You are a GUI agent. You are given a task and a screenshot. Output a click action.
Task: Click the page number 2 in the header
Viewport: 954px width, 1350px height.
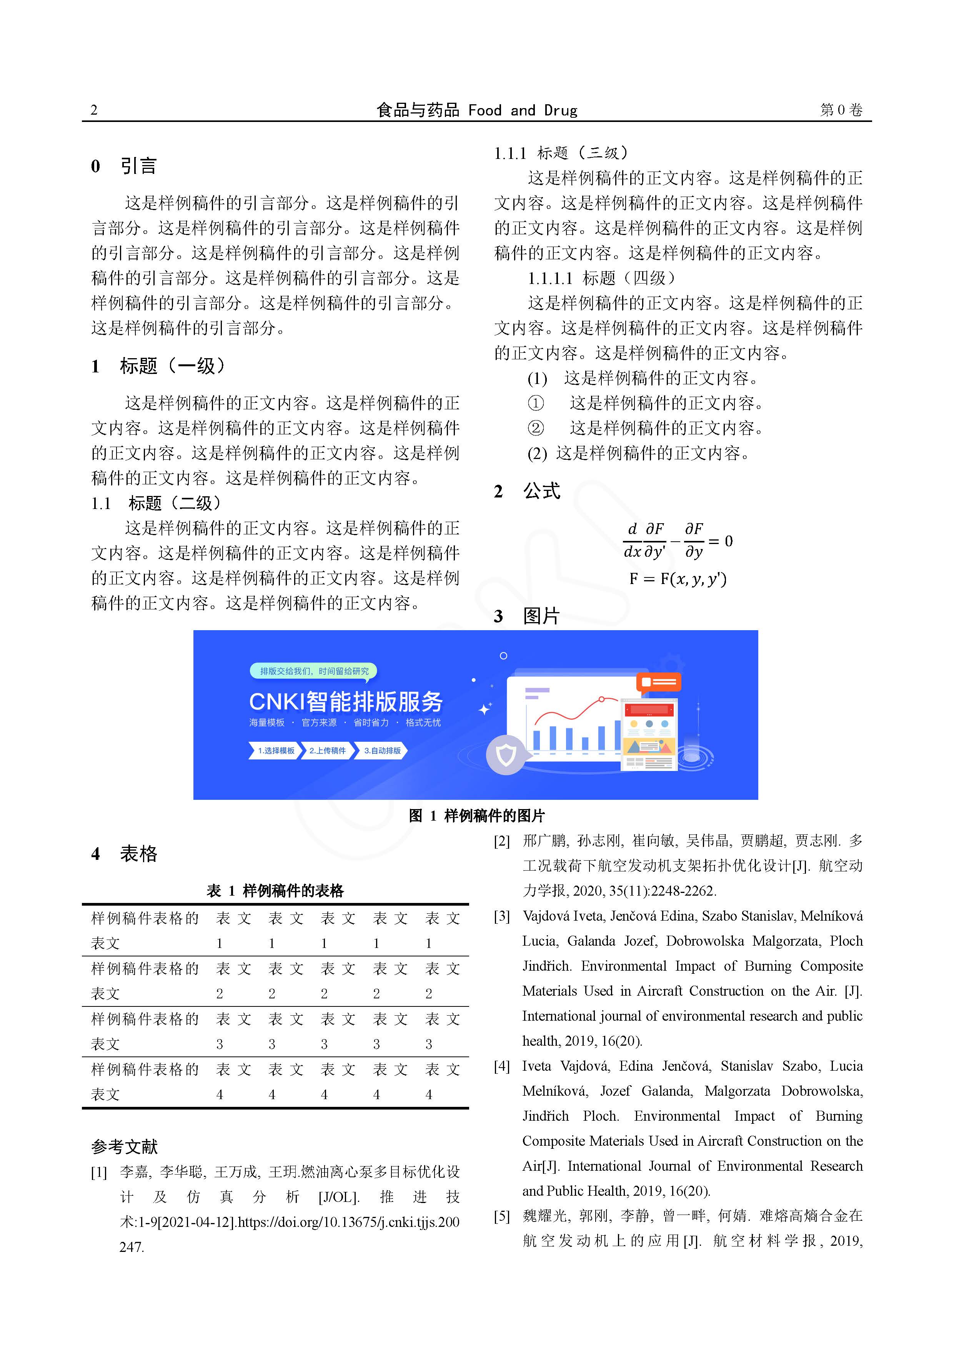tap(94, 110)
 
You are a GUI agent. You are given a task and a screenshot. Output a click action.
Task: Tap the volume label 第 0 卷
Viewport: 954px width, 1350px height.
tap(841, 110)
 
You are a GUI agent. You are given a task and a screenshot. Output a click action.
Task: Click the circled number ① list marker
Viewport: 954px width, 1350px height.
tap(536, 403)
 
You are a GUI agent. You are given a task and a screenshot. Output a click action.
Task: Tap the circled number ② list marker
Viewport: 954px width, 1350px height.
tap(536, 428)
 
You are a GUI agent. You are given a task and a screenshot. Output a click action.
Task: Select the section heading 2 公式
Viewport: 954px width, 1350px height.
tap(527, 491)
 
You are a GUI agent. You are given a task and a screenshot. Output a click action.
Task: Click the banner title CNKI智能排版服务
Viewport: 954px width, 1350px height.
tap(346, 701)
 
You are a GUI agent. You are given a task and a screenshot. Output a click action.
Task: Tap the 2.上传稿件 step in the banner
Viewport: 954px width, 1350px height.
tap(327, 751)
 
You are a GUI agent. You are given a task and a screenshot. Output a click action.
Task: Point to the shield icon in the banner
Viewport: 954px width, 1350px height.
tap(506, 754)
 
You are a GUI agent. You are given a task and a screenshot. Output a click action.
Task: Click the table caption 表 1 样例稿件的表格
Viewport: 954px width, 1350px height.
tap(275, 891)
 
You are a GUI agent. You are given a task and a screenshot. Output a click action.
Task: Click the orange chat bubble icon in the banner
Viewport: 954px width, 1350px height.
tap(658, 682)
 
